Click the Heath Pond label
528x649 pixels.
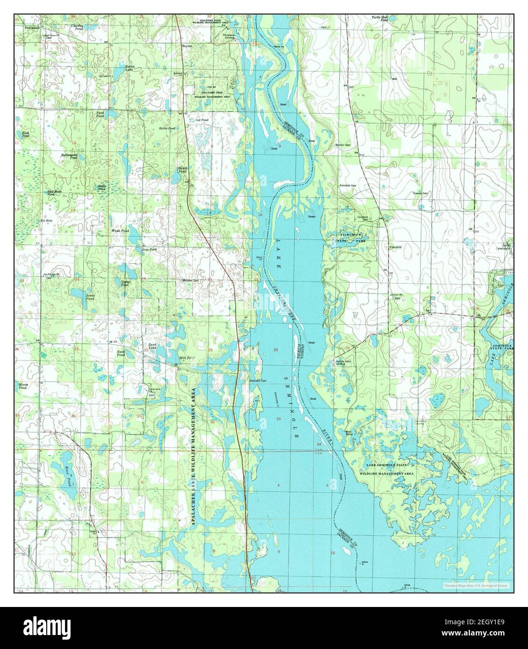pyautogui.click(x=183, y=170)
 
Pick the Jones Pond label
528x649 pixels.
pyautogui.click(x=90, y=297)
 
